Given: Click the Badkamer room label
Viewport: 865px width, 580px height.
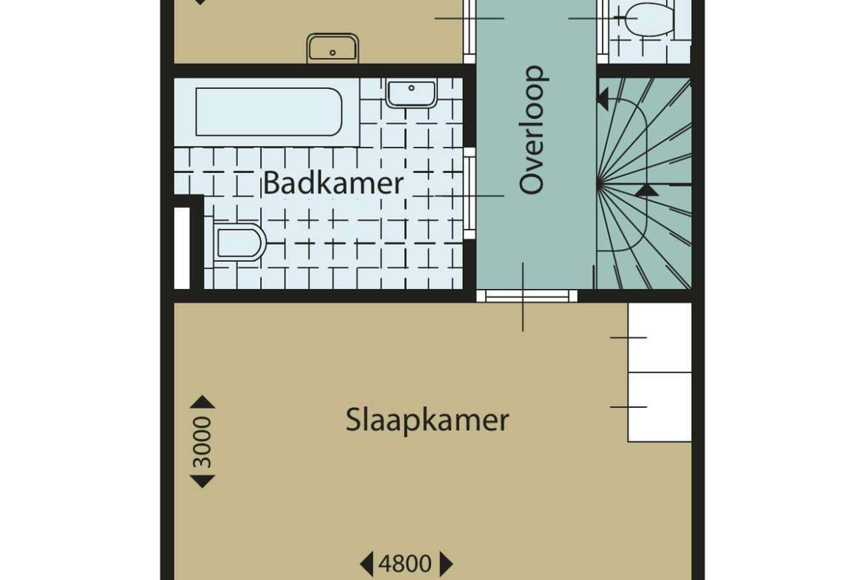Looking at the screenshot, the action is pos(333,182).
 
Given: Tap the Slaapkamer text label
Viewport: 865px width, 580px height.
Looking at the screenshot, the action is pos(427,420).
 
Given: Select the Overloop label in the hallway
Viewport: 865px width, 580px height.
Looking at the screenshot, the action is pos(532,129).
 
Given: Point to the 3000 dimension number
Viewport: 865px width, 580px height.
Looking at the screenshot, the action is pos(202,442).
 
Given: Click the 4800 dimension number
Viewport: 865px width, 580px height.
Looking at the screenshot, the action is pos(405,564).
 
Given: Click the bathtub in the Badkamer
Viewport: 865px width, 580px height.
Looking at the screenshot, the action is pos(268,112).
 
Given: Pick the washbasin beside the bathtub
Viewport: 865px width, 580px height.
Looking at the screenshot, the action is pos(412,93).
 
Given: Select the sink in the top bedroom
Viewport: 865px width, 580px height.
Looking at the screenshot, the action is pos(333,48).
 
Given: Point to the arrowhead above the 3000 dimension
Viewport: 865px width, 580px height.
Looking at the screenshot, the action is pos(203,401).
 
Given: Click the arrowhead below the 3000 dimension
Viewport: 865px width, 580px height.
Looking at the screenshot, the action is pos(203,482).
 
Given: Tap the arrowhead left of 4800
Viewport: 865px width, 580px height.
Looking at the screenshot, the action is pos(367,564).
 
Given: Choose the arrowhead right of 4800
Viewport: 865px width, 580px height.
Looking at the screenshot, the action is pos(447,564).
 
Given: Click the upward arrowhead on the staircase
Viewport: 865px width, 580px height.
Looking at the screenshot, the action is pos(647,191).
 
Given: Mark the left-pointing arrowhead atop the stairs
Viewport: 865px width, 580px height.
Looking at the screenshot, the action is pos(603,100).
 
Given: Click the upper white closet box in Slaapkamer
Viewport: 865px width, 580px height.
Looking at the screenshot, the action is pos(659,338).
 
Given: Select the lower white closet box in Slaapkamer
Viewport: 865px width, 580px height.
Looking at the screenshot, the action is pos(659,407).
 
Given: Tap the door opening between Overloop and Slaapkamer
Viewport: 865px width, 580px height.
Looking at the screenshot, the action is pos(527,296).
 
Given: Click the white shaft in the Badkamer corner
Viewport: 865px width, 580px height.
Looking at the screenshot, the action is pos(182,248).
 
